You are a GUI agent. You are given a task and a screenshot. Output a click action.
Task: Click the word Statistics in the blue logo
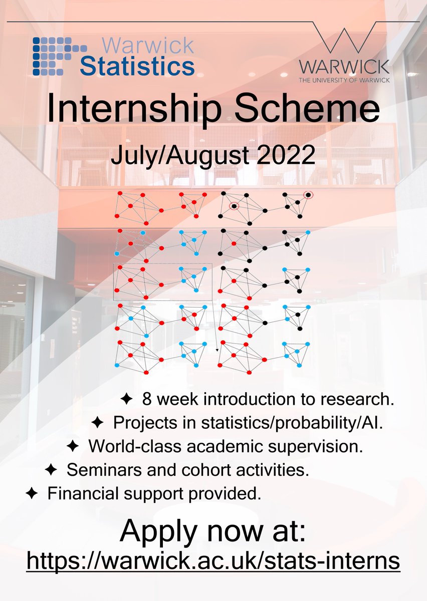click(x=137, y=66)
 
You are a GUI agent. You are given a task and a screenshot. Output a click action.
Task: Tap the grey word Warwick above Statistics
click(x=148, y=46)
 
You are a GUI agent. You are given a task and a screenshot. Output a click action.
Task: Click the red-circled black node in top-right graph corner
click(x=309, y=195)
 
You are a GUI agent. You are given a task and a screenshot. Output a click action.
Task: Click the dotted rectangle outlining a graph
click(x=163, y=281)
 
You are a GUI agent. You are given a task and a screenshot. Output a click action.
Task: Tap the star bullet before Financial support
click(x=31, y=494)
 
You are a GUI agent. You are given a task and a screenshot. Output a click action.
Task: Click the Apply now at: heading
click(x=212, y=532)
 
